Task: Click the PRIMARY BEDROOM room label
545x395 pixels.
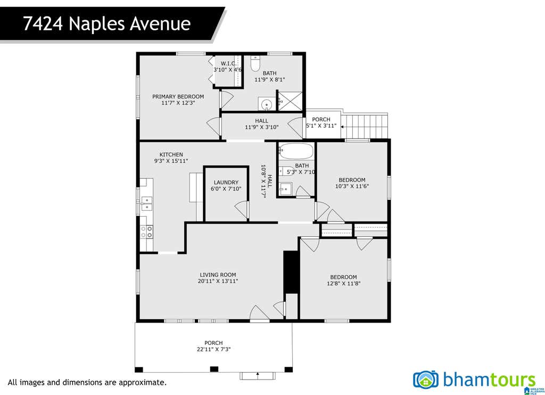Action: click(x=178, y=96)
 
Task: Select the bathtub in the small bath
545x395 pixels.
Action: click(x=296, y=151)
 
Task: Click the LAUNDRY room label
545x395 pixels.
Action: click(x=226, y=182)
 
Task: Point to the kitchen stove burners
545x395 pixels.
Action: click(x=147, y=232)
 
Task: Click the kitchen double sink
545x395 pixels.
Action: click(x=147, y=203)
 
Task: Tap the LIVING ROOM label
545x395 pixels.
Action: click(x=218, y=275)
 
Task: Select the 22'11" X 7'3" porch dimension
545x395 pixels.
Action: click(x=214, y=349)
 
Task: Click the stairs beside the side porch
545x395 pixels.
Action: click(x=365, y=125)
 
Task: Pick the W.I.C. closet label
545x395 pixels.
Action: click(x=229, y=63)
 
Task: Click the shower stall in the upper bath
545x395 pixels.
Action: click(x=290, y=101)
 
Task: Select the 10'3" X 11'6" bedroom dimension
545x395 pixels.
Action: click(x=352, y=186)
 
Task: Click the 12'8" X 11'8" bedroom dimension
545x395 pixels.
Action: click(x=343, y=283)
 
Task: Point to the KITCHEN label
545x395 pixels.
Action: click(x=171, y=154)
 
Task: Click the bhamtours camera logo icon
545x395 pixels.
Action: click(x=426, y=380)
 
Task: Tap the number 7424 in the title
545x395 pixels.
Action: click(x=43, y=23)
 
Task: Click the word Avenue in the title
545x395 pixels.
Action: click(x=160, y=23)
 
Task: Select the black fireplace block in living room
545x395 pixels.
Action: click(x=291, y=272)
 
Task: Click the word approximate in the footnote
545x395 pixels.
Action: click(x=142, y=382)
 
